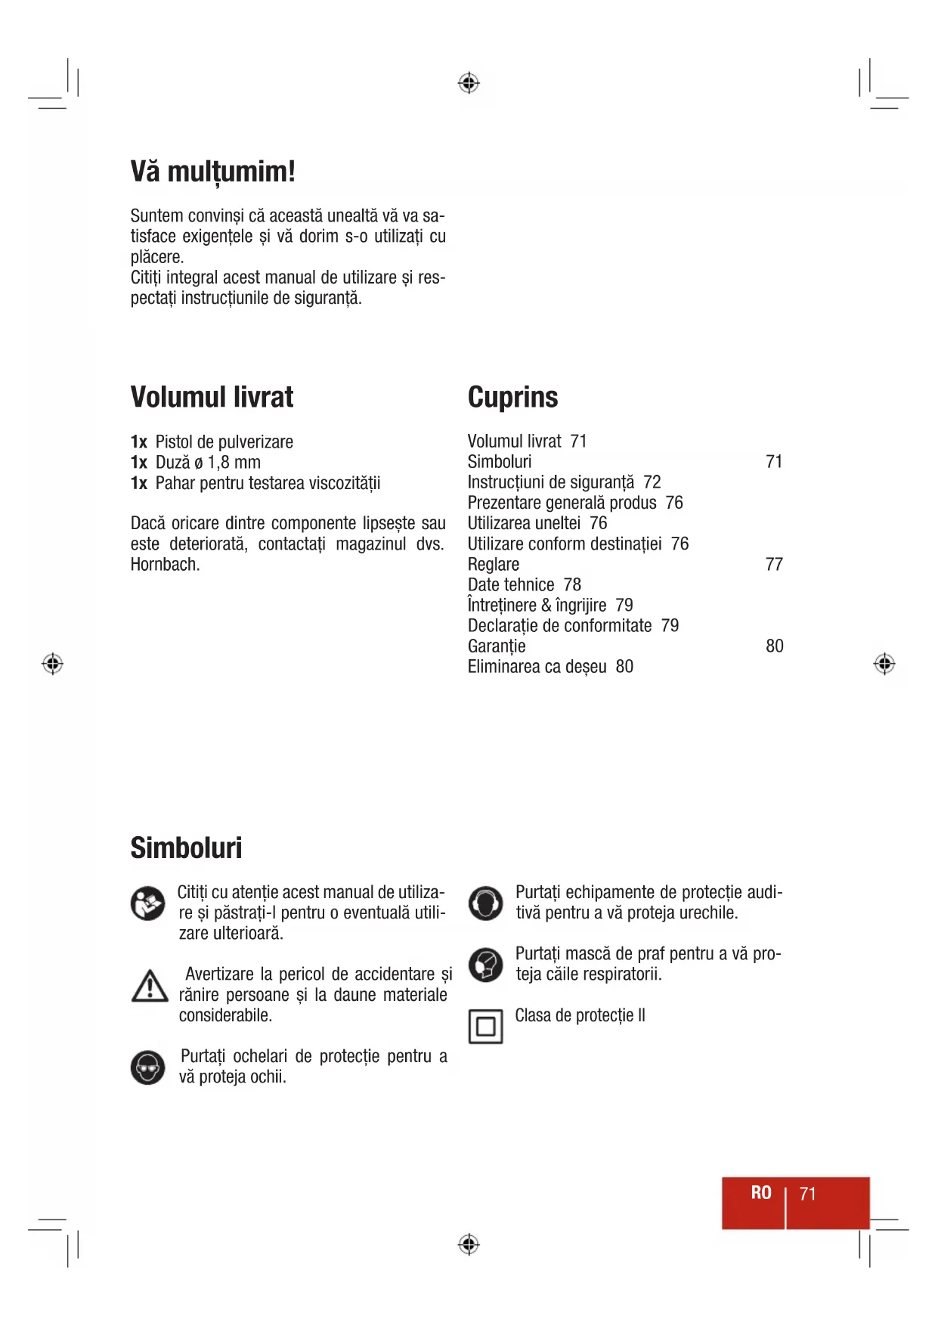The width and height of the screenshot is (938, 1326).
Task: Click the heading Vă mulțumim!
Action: click(x=212, y=172)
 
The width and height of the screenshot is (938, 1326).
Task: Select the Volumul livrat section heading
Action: click(x=212, y=397)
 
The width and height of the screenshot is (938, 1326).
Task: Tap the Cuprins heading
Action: click(x=512, y=397)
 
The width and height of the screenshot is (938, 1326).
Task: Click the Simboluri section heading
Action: click(x=186, y=847)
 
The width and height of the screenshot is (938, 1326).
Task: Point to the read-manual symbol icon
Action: click(x=147, y=903)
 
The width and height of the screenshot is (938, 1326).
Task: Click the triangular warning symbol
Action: click(x=150, y=987)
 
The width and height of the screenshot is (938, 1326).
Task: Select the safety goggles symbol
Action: click(x=147, y=1067)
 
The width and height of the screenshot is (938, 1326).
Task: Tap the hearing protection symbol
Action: click(x=485, y=903)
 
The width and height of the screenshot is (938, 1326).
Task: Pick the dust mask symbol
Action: click(x=485, y=965)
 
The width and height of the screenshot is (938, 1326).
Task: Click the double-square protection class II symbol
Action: click(x=485, y=1027)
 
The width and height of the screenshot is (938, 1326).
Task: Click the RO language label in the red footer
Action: click(x=761, y=1193)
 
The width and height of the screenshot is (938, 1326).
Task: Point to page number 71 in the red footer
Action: click(x=808, y=1194)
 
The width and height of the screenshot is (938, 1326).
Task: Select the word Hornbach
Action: click(x=165, y=565)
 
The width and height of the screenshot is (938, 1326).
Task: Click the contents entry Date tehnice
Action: click(x=511, y=585)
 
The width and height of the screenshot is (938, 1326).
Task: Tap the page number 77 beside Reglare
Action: click(x=774, y=565)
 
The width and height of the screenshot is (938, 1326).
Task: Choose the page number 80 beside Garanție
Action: click(x=774, y=646)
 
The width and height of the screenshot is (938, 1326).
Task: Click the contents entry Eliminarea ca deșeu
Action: click(x=537, y=667)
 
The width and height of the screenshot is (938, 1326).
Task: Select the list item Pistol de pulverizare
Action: click(x=224, y=442)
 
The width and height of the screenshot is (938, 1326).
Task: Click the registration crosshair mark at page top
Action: click(x=469, y=82)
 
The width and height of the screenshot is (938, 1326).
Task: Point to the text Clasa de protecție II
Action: click(x=580, y=1015)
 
